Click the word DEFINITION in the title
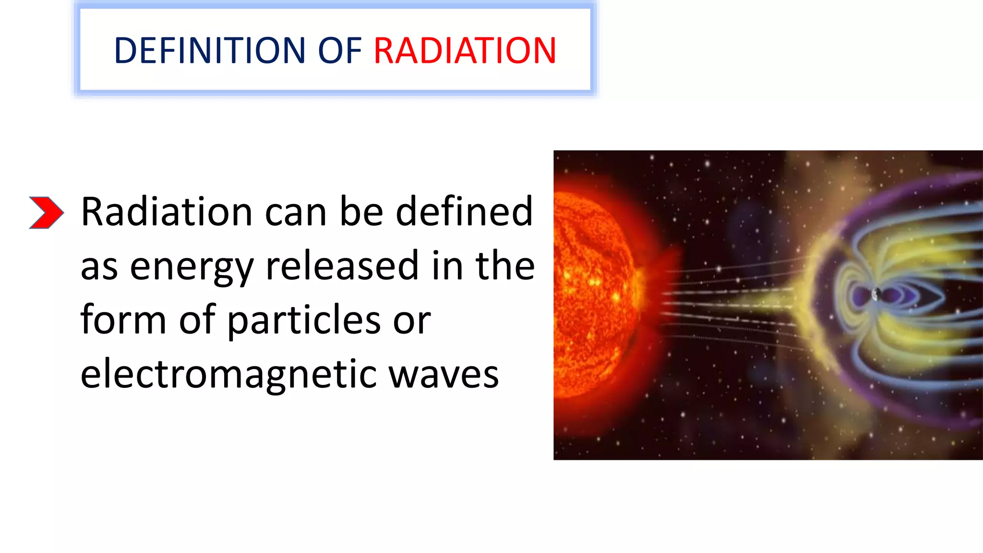pos(209,50)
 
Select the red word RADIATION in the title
pos(465,50)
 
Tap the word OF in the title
pos(339,50)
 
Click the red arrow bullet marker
pos(46,212)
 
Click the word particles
pos(304,320)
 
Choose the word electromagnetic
pos(228,374)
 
